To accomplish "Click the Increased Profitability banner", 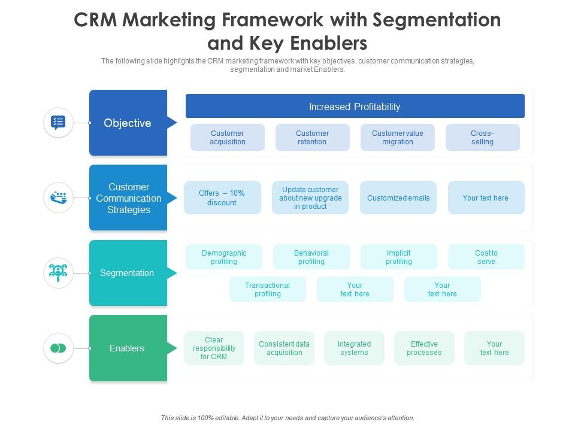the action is click(355, 106).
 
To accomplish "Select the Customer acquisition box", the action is click(228, 138).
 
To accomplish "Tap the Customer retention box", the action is click(313, 138).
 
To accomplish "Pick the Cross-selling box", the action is click(483, 138).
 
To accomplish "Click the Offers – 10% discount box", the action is click(222, 198).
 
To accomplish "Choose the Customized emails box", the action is click(398, 198).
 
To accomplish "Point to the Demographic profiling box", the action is click(224, 257).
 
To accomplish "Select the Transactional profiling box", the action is click(268, 289).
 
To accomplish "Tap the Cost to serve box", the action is click(486, 257).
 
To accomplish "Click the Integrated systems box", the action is click(354, 348).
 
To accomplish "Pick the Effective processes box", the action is click(424, 348).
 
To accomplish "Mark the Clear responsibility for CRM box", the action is click(214, 348).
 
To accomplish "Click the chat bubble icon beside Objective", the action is click(58, 122).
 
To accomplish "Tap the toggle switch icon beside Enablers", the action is click(58, 348).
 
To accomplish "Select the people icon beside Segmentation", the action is click(58, 273).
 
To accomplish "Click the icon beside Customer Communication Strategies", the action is click(58, 198).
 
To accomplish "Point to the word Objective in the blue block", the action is click(128, 123).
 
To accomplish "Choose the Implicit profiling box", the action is click(399, 257).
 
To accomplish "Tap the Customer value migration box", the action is click(398, 138).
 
